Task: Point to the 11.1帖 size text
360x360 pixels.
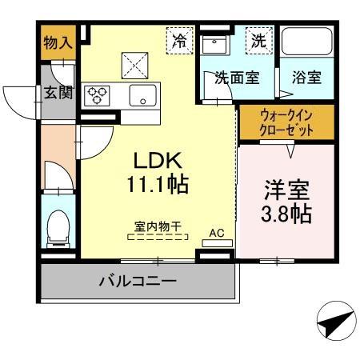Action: click(x=157, y=186)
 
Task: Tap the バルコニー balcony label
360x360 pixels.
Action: click(x=137, y=281)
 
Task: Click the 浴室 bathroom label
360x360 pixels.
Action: click(x=306, y=78)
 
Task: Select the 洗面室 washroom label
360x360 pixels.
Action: click(x=236, y=78)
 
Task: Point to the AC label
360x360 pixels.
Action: click(x=216, y=234)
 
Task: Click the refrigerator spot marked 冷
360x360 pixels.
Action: click(x=181, y=40)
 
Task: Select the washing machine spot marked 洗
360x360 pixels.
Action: click(x=259, y=40)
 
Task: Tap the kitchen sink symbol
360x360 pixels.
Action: click(x=146, y=95)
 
